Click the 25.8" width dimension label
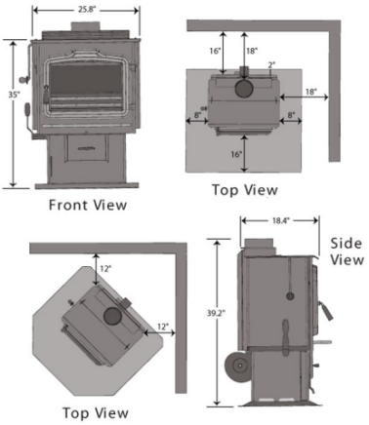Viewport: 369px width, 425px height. coord(87,9)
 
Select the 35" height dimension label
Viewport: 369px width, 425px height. coord(14,95)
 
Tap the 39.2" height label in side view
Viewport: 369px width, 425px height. coord(216,313)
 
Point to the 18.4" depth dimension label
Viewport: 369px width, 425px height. coord(281,220)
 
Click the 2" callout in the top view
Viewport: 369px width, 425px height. coord(271,64)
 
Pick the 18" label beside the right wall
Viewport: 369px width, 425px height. coord(310,92)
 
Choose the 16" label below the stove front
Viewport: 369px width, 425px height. coord(236,154)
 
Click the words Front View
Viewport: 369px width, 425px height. coord(88,205)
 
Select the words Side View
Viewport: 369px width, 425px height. coord(347,251)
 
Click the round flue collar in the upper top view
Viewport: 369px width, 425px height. coord(244,88)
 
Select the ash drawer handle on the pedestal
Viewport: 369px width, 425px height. coord(87,148)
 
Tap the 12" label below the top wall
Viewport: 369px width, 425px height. coord(105,269)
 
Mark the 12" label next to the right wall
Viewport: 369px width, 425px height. coord(163,327)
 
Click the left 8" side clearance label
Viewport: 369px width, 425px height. coord(197,115)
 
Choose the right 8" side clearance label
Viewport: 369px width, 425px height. coord(291,114)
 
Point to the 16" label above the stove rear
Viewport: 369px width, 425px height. coord(215,51)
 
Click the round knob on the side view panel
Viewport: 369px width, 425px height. coord(290,295)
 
